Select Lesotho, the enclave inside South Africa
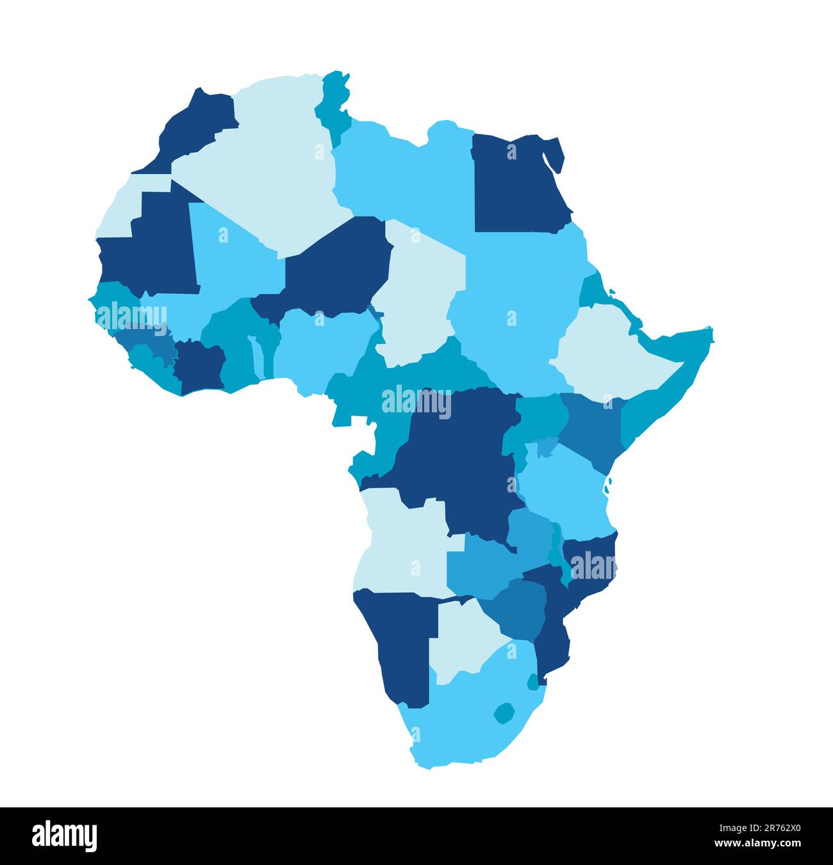(x=504, y=713)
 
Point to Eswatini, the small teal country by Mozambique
(x=532, y=682)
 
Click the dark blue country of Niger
(x=340, y=266)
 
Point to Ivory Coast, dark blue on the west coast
(x=197, y=369)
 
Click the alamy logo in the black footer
(x=65, y=836)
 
